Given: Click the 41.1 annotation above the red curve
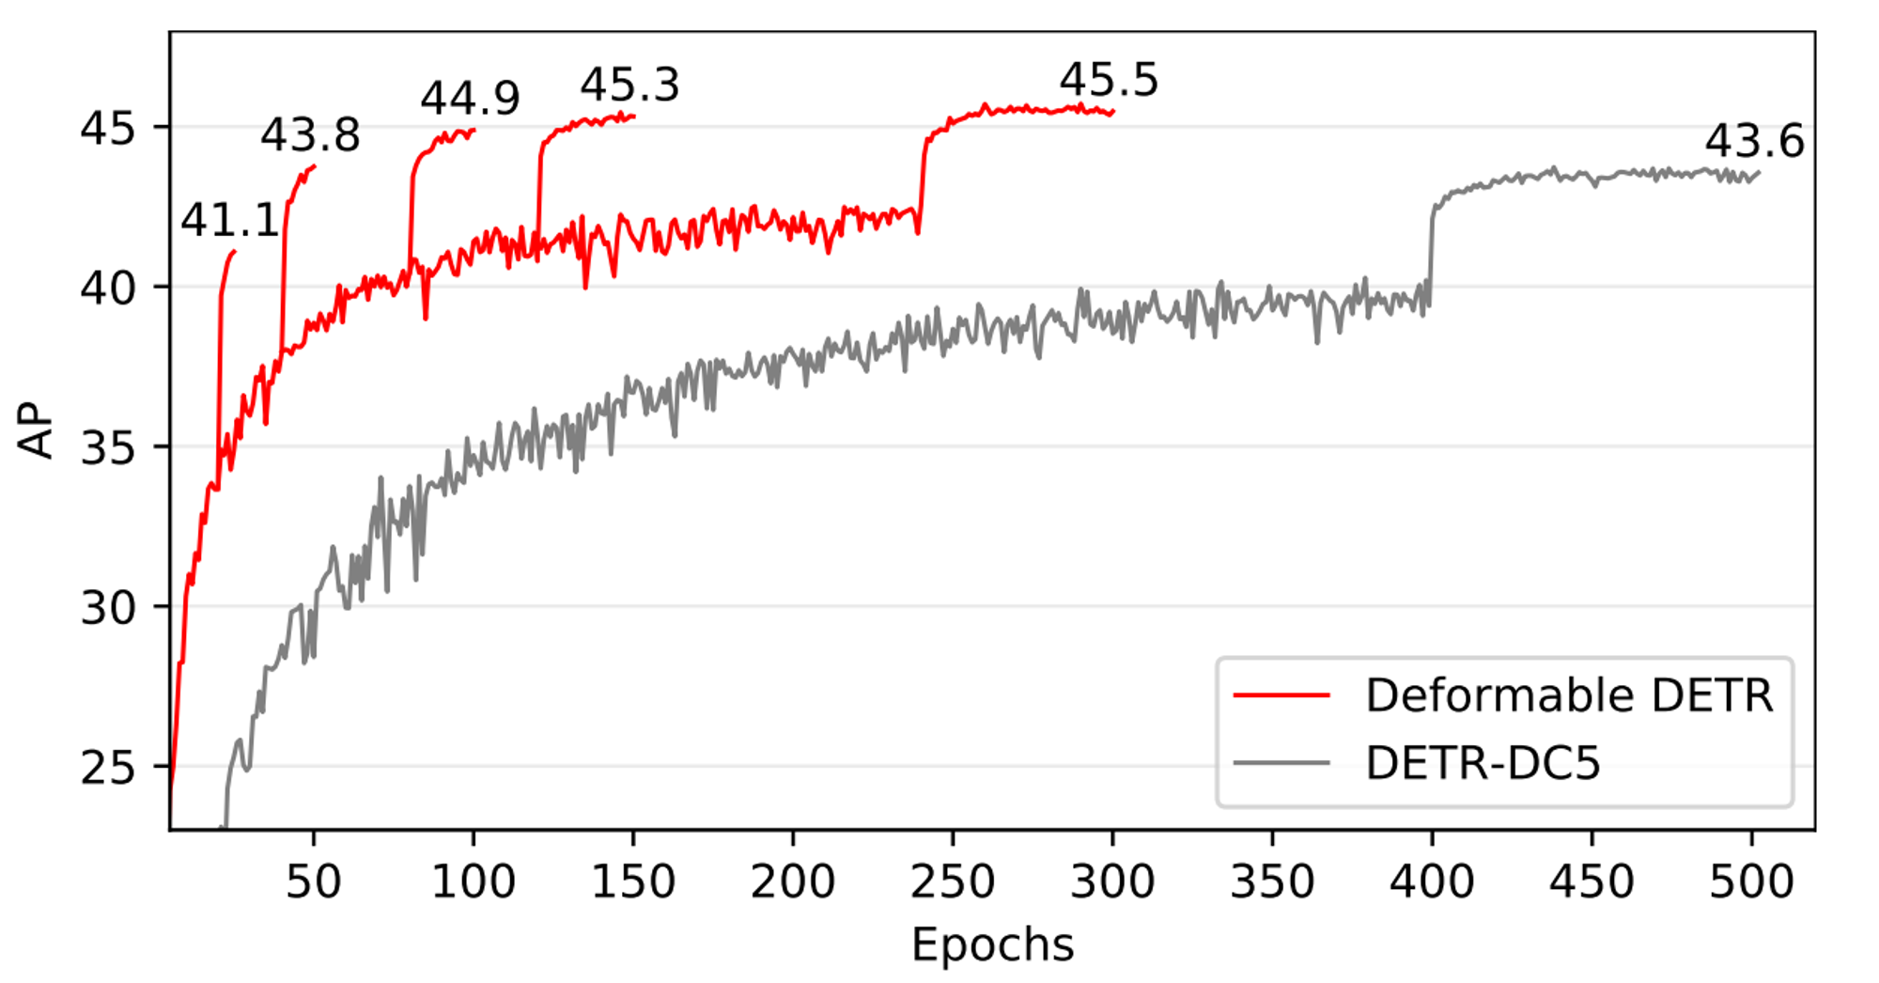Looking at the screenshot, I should click(230, 221).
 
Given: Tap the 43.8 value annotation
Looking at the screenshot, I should click(310, 135).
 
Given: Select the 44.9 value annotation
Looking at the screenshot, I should click(470, 98).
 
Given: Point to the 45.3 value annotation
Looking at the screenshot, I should click(629, 85).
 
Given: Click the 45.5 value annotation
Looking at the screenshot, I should click(1110, 80).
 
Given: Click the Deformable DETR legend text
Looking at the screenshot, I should click(1569, 695).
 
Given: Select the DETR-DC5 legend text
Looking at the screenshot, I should click(1483, 763).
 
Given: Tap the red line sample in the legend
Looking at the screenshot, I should click(1281, 695).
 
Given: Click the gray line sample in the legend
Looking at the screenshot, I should click(1281, 762).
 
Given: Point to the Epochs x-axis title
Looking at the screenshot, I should click(992, 944).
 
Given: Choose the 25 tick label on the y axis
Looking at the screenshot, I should click(108, 768).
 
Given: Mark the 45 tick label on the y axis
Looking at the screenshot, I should click(108, 129).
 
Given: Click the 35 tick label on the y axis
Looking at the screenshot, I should click(108, 448).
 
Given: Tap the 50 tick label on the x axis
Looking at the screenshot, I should click(313, 882).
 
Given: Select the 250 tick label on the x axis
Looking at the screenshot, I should click(953, 882).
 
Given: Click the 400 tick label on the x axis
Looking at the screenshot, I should click(1432, 882).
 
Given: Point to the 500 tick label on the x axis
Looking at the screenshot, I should click(1751, 882).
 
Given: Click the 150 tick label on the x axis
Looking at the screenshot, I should click(633, 882).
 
